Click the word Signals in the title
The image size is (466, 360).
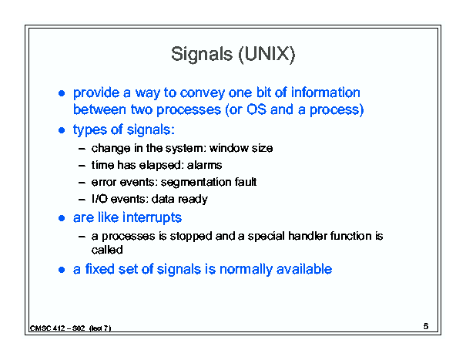(x=202, y=55)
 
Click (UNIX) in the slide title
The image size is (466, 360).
(x=267, y=55)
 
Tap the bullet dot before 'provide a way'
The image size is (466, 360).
(x=62, y=93)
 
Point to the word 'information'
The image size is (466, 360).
(x=325, y=93)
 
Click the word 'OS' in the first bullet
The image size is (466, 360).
(x=256, y=109)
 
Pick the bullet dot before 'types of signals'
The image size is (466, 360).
(x=62, y=130)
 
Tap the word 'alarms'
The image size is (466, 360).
(x=204, y=165)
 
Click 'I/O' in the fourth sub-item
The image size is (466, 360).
(x=99, y=199)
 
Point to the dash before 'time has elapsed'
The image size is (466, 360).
(x=82, y=166)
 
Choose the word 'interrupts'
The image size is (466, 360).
(x=152, y=218)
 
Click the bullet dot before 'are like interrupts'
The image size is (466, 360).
(x=62, y=219)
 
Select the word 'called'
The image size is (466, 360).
(x=107, y=250)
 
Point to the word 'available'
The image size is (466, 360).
(x=304, y=269)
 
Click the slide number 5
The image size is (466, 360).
(x=426, y=326)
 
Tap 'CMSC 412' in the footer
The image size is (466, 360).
(x=47, y=328)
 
